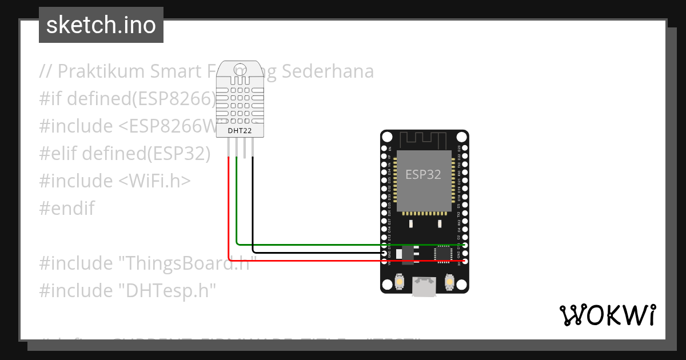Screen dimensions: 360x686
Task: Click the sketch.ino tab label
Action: coord(101,25)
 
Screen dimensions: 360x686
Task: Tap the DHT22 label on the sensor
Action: coord(240,131)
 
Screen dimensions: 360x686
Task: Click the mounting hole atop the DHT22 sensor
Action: coord(241,69)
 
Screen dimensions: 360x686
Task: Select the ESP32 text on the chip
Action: coord(423,174)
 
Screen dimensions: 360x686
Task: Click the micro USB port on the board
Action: coord(424,286)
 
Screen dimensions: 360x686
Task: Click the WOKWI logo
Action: coord(608,315)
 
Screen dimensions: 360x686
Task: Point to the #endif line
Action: coord(67,209)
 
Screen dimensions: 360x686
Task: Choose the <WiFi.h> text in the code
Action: coord(154,181)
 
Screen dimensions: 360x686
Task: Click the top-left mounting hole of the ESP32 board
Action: coord(388,137)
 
